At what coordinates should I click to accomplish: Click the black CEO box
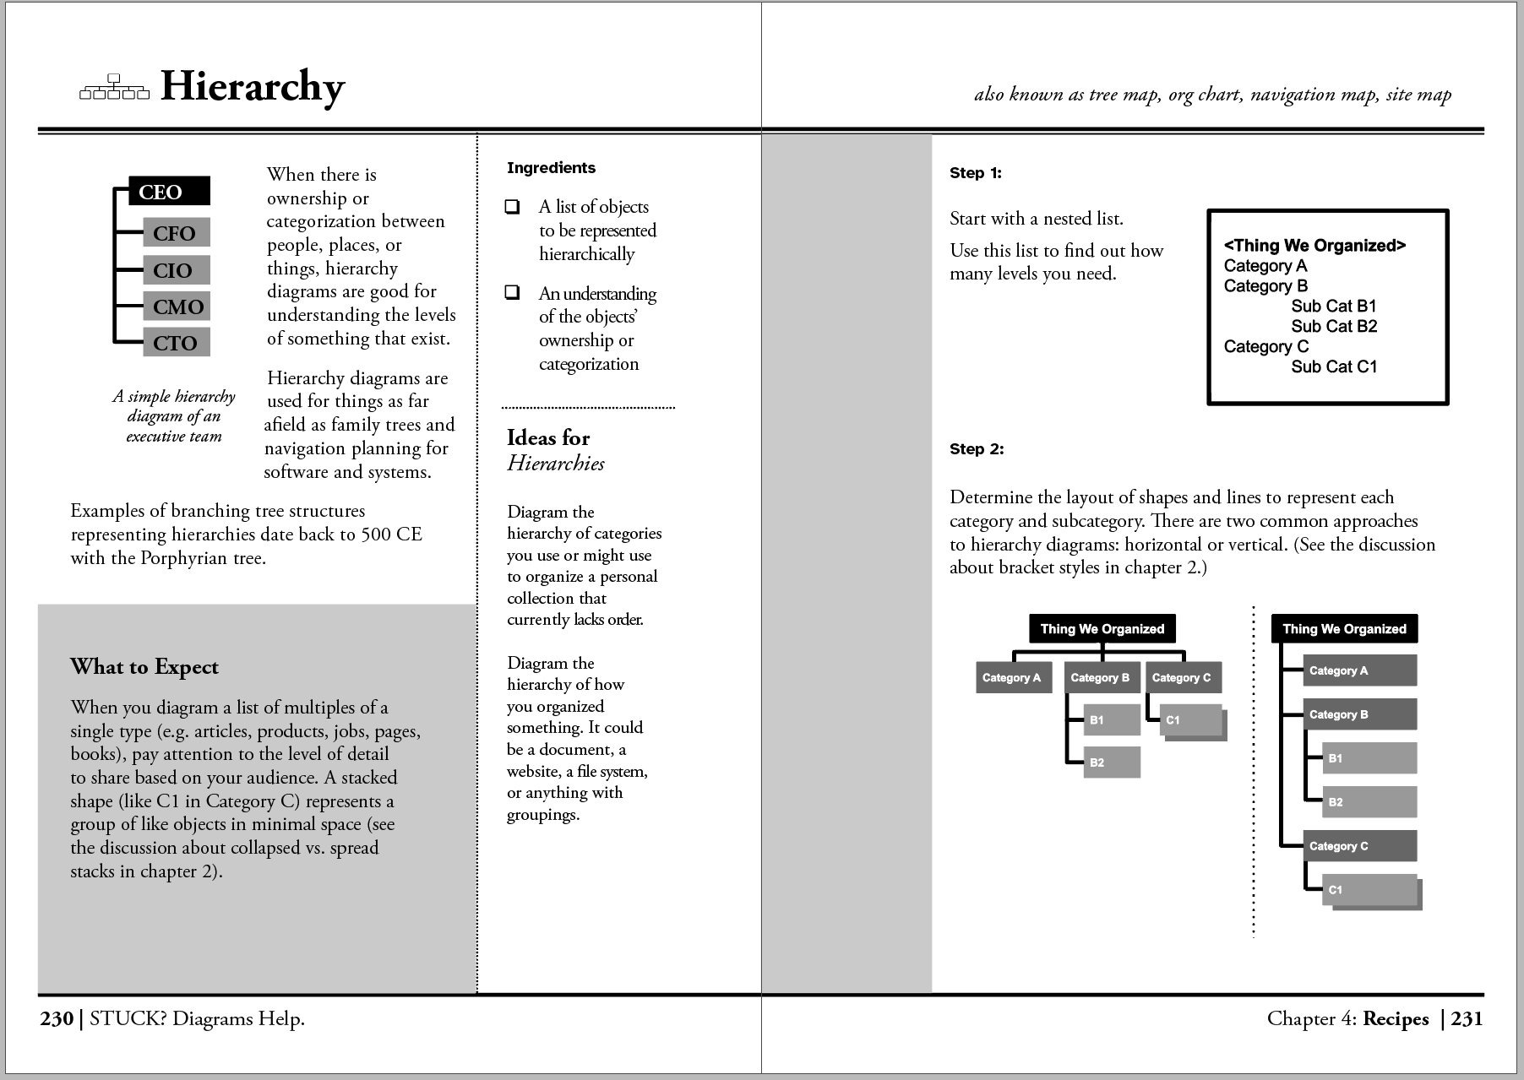click(x=169, y=192)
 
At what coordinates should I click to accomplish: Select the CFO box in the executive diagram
click(x=176, y=233)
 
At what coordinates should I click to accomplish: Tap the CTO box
click(x=176, y=343)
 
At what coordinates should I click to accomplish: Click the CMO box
click(x=177, y=307)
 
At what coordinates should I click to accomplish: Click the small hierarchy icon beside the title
click(x=113, y=87)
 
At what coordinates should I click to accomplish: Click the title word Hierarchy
click(x=253, y=87)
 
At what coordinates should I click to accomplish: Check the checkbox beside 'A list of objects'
click(x=512, y=207)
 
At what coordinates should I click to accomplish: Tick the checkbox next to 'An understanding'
click(x=512, y=293)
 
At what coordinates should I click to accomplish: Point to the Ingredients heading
click(x=551, y=168)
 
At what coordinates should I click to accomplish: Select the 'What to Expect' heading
click(x=144, y=667)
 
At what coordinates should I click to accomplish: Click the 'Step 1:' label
click(x=975, y=173)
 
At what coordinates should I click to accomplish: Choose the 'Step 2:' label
click(x=977, y=449)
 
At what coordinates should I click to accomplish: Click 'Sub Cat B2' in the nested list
click(x=1334, y=327)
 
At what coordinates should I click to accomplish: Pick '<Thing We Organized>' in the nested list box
click(x=1314, y=246)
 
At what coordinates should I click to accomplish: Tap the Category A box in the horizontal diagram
click(x=1012, y=678)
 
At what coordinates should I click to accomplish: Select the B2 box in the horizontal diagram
click(x=1111, y=763)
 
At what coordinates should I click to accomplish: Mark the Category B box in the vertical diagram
click(x=1359, y=715)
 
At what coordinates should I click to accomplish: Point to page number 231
click(x=1467, y=1019)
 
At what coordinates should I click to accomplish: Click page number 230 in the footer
click(x=57, y=1019)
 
